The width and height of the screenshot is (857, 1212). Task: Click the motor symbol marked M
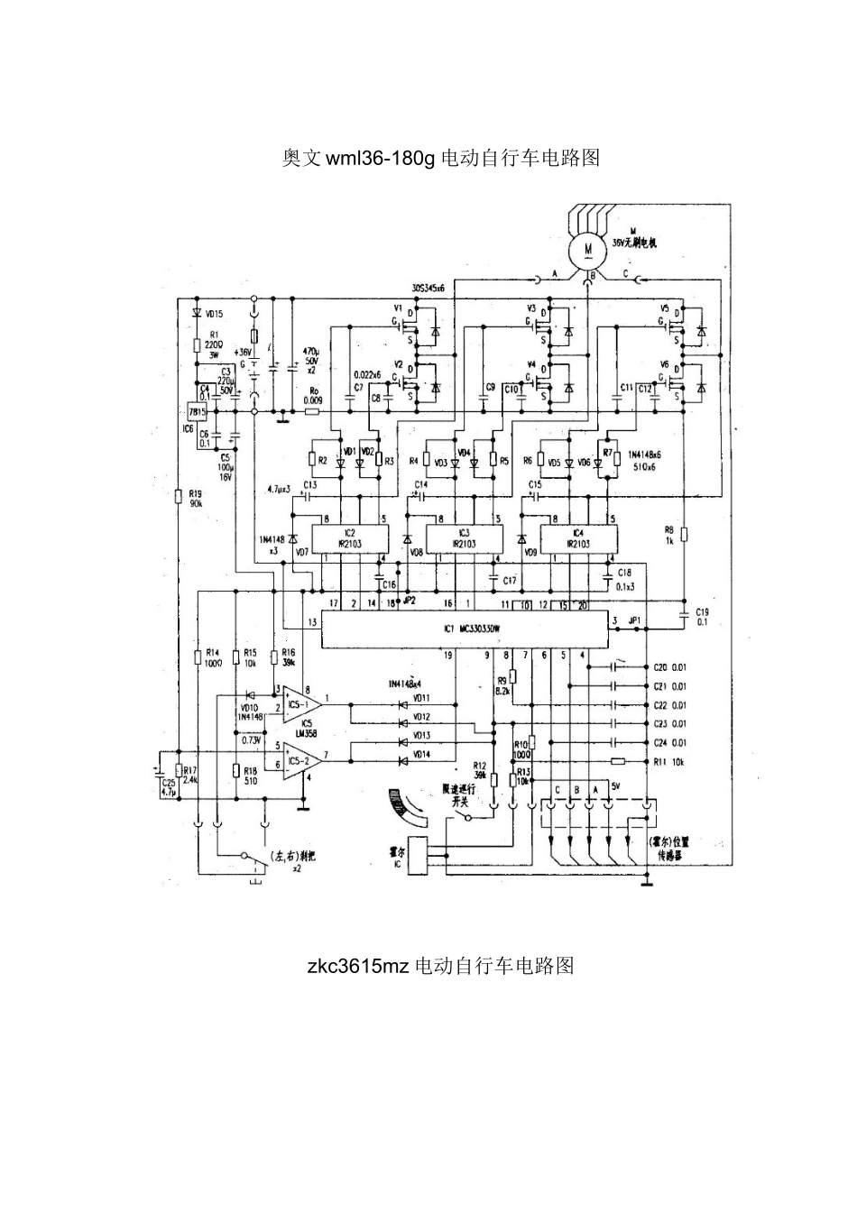click(x=587, y=245)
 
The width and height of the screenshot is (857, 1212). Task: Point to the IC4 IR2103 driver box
click(x=577, y=538)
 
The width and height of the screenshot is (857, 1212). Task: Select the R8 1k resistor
click(x=684, y=534)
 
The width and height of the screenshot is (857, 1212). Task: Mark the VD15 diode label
click(x=215, y=314)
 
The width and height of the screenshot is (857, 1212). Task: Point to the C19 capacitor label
click(x=702, y=616)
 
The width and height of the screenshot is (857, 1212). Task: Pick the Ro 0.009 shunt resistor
click(x=312, y=411)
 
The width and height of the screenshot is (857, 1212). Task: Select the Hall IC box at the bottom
click(x=418, y=858)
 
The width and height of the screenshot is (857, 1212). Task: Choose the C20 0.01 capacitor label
click(x=669, y=668)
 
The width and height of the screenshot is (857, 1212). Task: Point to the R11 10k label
click(x=669, y=762)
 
